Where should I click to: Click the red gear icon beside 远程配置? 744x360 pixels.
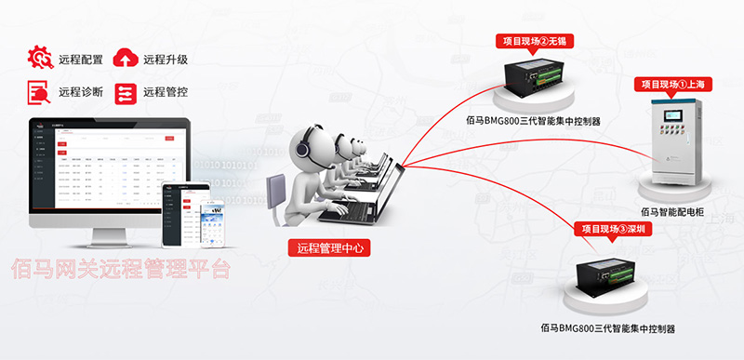pyautogui.click(x=40, y=59)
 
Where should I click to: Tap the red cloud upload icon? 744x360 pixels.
pyautogui.click(x=125, y=59)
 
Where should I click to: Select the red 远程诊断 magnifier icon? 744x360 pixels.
pyautogui.click(x=40, y=92)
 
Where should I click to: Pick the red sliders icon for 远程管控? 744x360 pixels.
pyautogui.click(x=125, y=92)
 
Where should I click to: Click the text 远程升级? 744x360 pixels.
pyautogui.click(x=166, y=60)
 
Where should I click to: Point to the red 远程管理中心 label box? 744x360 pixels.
pyautogui.click(x=328, y=247)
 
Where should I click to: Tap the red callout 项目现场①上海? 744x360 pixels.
pyautogui.click(x=677, y=83)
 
